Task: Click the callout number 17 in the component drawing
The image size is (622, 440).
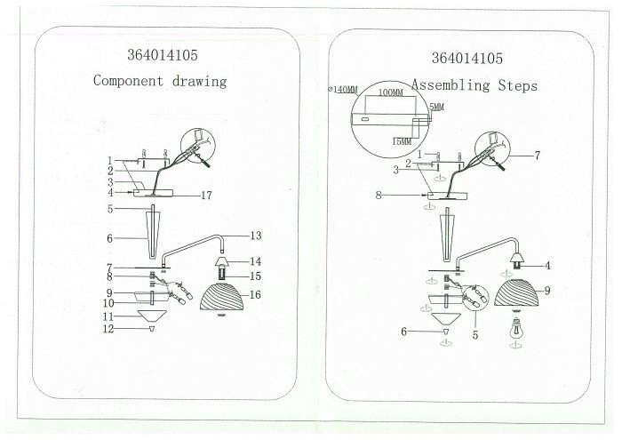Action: [x=207, y=196]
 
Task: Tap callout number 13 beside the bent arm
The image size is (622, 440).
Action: [x=256, y=236]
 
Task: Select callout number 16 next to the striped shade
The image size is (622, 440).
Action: [x=255, y=294]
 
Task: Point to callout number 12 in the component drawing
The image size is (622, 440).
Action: [x=108, y=329]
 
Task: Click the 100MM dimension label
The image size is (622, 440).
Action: [x=391, y=92]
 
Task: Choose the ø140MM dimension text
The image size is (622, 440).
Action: [x=343, y=90]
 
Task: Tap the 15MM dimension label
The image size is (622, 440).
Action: [x=402, y=141]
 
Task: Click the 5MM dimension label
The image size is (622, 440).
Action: [x=437, y=108]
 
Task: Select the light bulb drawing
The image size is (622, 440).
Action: [x=515, y=328]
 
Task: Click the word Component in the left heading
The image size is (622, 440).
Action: [x=128, y=81]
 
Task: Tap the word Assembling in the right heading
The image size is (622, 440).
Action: [x=451, y=85]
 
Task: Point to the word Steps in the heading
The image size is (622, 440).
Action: [x=518, y=85]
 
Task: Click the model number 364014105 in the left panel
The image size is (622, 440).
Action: [x=163, y=55]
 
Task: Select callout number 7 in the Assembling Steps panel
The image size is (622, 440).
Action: [x=537, y=156]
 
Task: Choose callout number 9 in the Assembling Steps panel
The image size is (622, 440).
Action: [x=547, y=291]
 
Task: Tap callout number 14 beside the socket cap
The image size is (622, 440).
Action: [x=256, y=261]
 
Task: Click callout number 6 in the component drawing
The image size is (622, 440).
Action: [x=109, y=238]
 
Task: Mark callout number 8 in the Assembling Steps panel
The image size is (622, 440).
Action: [x=379, y=196]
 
